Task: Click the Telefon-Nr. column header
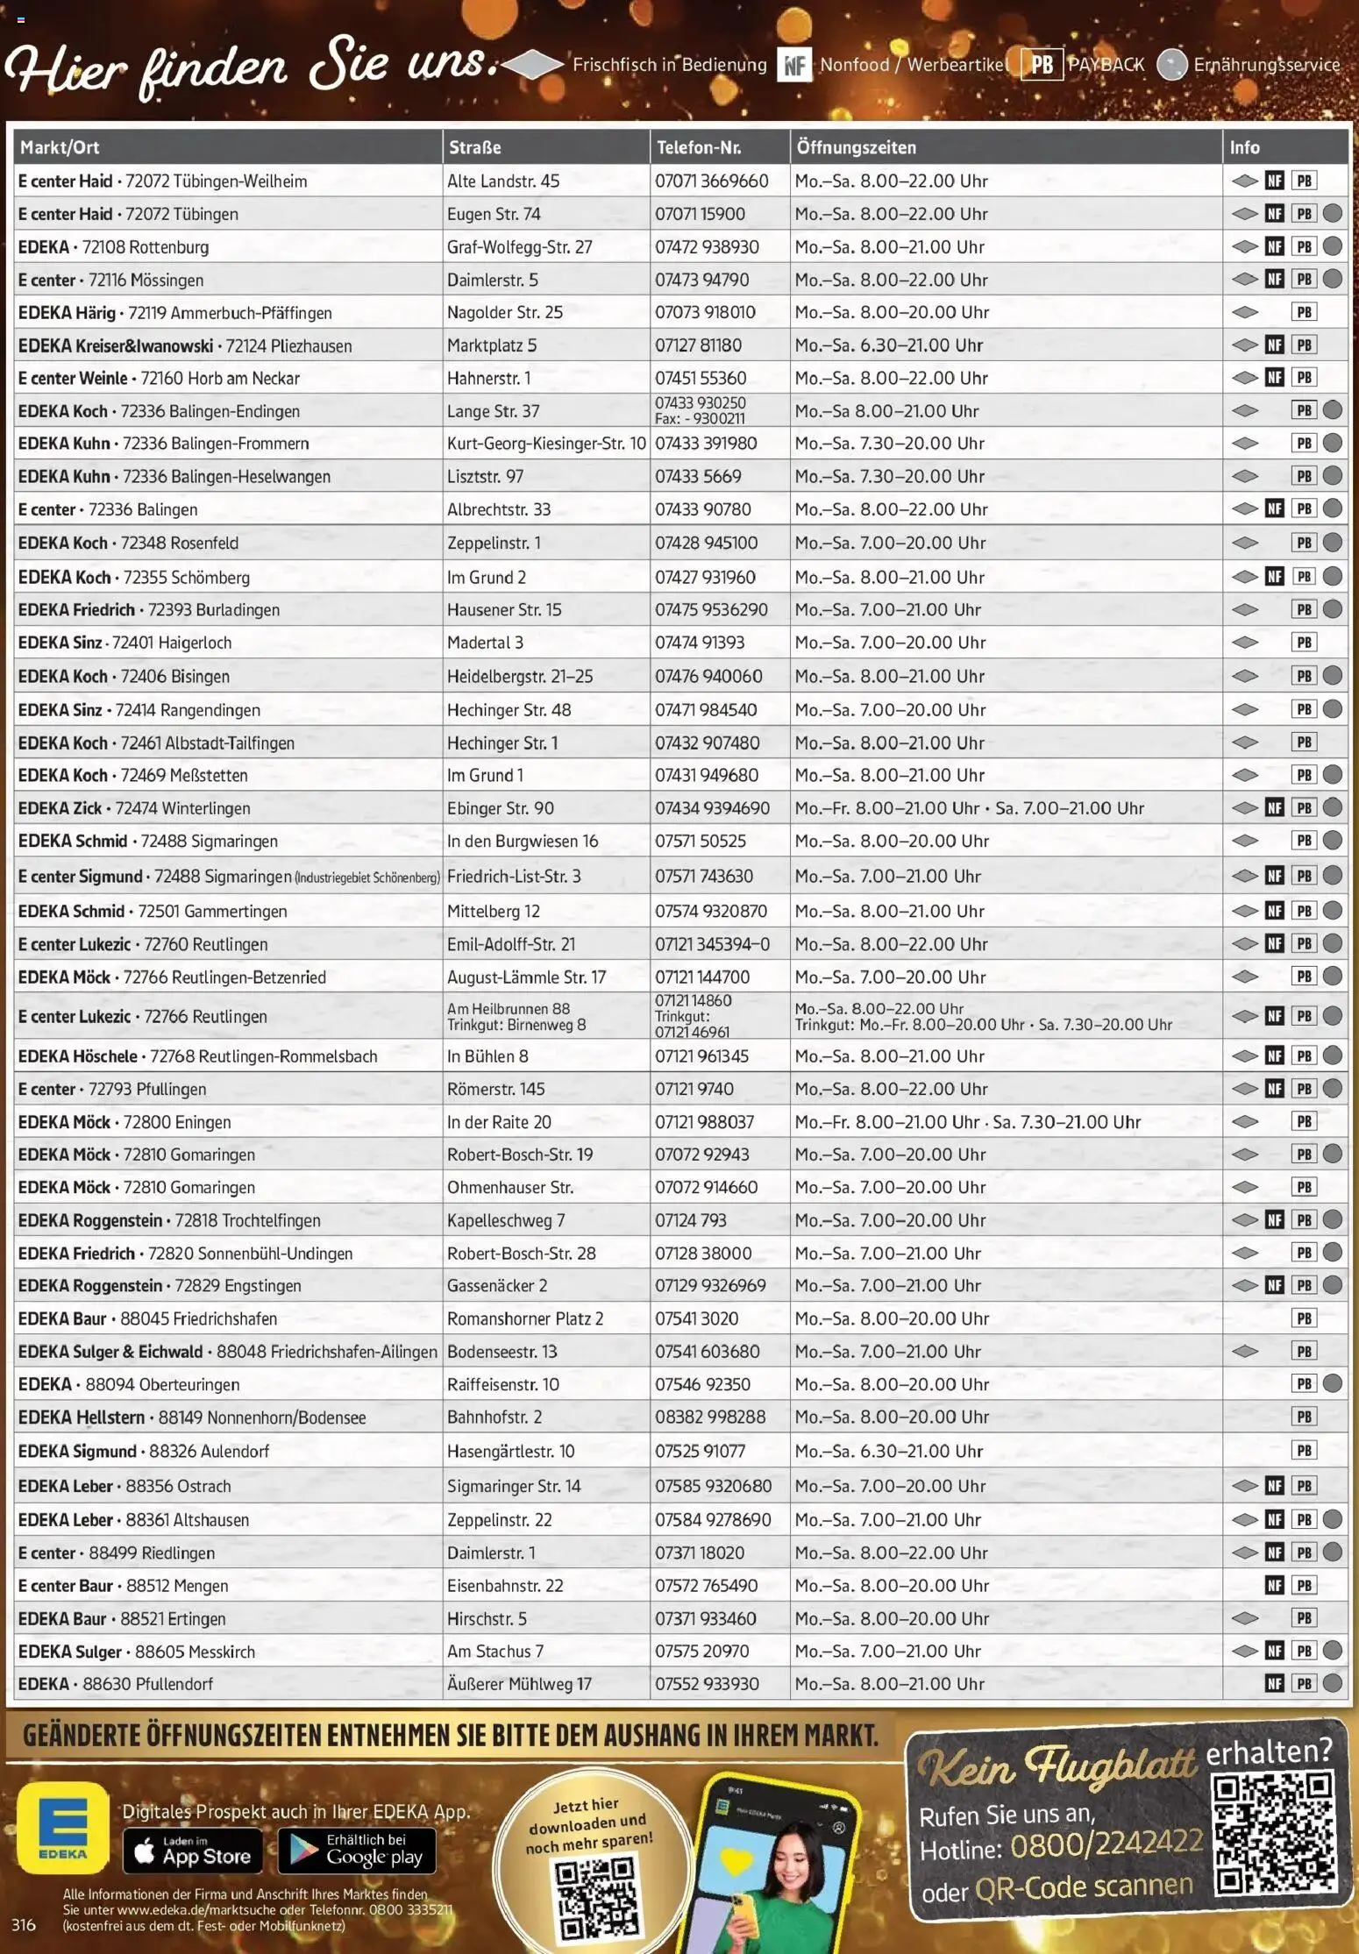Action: (x=699, y=147)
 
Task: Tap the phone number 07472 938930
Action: (x=707, y=247)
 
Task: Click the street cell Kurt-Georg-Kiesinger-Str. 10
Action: (x=546, y=444)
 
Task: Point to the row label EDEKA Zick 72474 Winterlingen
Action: (x=134, y=808)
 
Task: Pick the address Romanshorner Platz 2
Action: (x=525, y=1318)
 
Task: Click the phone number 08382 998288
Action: (x=710, y=1417)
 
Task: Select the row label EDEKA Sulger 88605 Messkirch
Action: (x=137, y=1652)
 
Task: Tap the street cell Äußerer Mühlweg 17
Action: (x=519, y=1684)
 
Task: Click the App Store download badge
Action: (x=192, y=1851)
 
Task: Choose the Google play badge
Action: (x=357, y=1851)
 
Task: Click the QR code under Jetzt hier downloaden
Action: (x=594, y=1897)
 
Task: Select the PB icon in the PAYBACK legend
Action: (x=1042, y=65)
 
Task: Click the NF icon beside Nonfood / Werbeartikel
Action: (x=794, y=65)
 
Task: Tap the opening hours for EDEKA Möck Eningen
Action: (x=967, y=1122)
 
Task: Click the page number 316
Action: (x=24, y=1925)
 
